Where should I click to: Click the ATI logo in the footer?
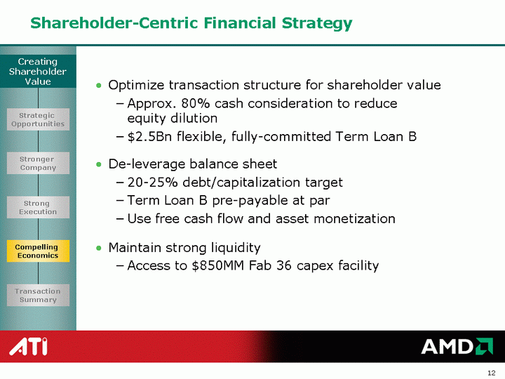coord(28,347)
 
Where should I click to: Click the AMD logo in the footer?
coord(457,347)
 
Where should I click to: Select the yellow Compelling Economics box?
coord(38,251)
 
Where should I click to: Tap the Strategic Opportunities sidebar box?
coord(38,119)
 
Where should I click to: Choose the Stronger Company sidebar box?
coord(38,164)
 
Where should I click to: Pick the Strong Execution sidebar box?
coord(38,208)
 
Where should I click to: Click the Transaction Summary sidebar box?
coord(38,295)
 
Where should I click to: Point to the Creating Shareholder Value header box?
coord(38,71)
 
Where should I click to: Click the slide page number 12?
coord(492,373)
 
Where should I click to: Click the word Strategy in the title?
coord(317,24)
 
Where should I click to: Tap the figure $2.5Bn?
coord(150,137)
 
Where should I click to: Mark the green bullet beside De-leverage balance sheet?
coord(99,164)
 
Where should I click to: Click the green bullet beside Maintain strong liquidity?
coord(99,248)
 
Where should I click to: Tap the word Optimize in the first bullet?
coord(136,86)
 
